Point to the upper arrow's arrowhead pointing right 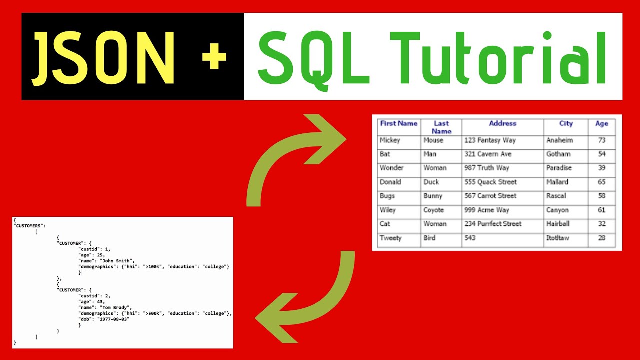327,138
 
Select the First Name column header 398,123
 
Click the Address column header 502,123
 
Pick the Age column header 601,123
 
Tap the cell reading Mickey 390,140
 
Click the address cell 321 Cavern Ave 487,154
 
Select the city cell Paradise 559,168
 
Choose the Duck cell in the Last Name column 431,182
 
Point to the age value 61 601,210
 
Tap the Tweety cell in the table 390,238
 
